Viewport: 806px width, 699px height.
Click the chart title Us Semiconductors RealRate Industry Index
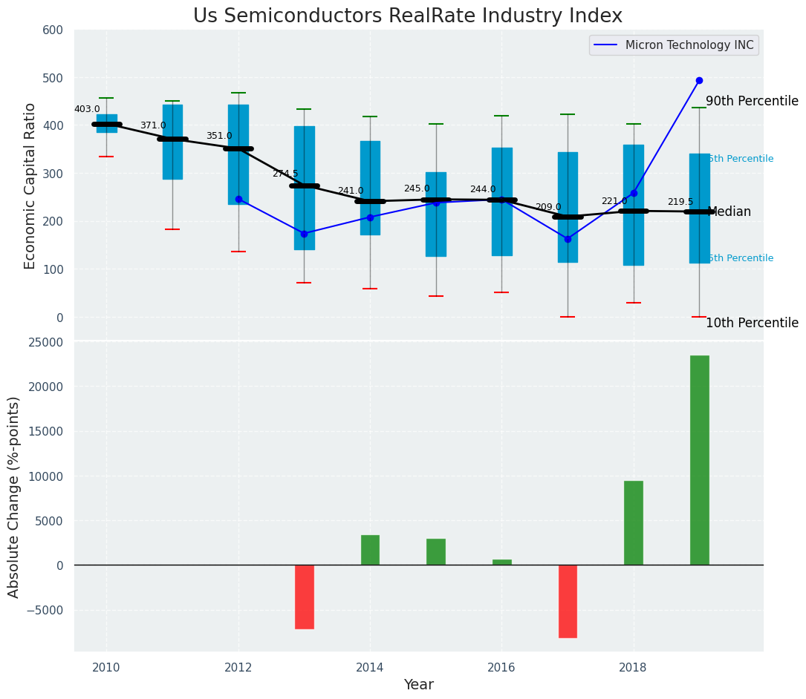[x=407, y=16]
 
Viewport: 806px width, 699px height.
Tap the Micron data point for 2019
[x=699, y=80]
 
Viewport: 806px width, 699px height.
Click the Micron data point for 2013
[x=304, y=234]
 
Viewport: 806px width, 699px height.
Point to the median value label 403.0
[x=87, y=109]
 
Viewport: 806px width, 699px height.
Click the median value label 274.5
[x=285, y=174]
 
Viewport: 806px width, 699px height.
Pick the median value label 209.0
[x=548, y=207]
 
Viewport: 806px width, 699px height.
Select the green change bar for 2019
[x=699, y=460]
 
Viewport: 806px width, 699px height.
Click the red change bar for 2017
[x=568, y=601]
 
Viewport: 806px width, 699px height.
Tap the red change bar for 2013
[x=304, y=597]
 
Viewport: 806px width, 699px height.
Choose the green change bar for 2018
[x=633, y=523]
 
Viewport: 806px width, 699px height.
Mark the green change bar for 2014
[x=370, y=550]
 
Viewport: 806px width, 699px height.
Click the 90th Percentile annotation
[x=752, y=101]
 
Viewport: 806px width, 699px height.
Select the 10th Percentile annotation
[x=752, y=323]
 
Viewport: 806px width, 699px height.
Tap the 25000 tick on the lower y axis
[x=47, y=342]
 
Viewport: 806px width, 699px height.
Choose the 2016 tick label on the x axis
[x=501, y=667]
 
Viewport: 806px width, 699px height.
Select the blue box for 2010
[x=106, y=123]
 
